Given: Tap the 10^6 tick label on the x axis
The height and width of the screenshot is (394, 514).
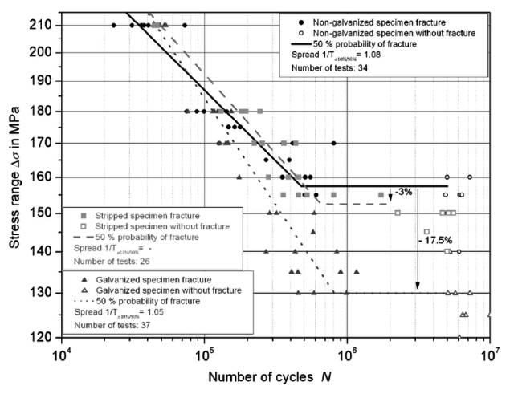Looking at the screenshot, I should (x=346, y=352).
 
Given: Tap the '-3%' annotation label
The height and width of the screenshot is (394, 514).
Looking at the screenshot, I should (x=404, y=191).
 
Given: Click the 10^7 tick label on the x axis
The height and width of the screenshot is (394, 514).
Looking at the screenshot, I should (x=488, y=352).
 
